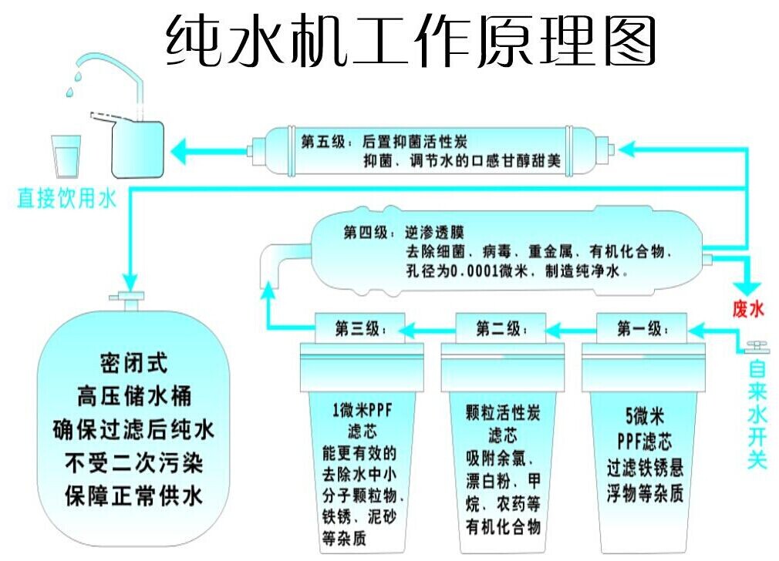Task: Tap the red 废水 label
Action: [x=747, y=310]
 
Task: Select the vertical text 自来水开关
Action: [x=757, y=415]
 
